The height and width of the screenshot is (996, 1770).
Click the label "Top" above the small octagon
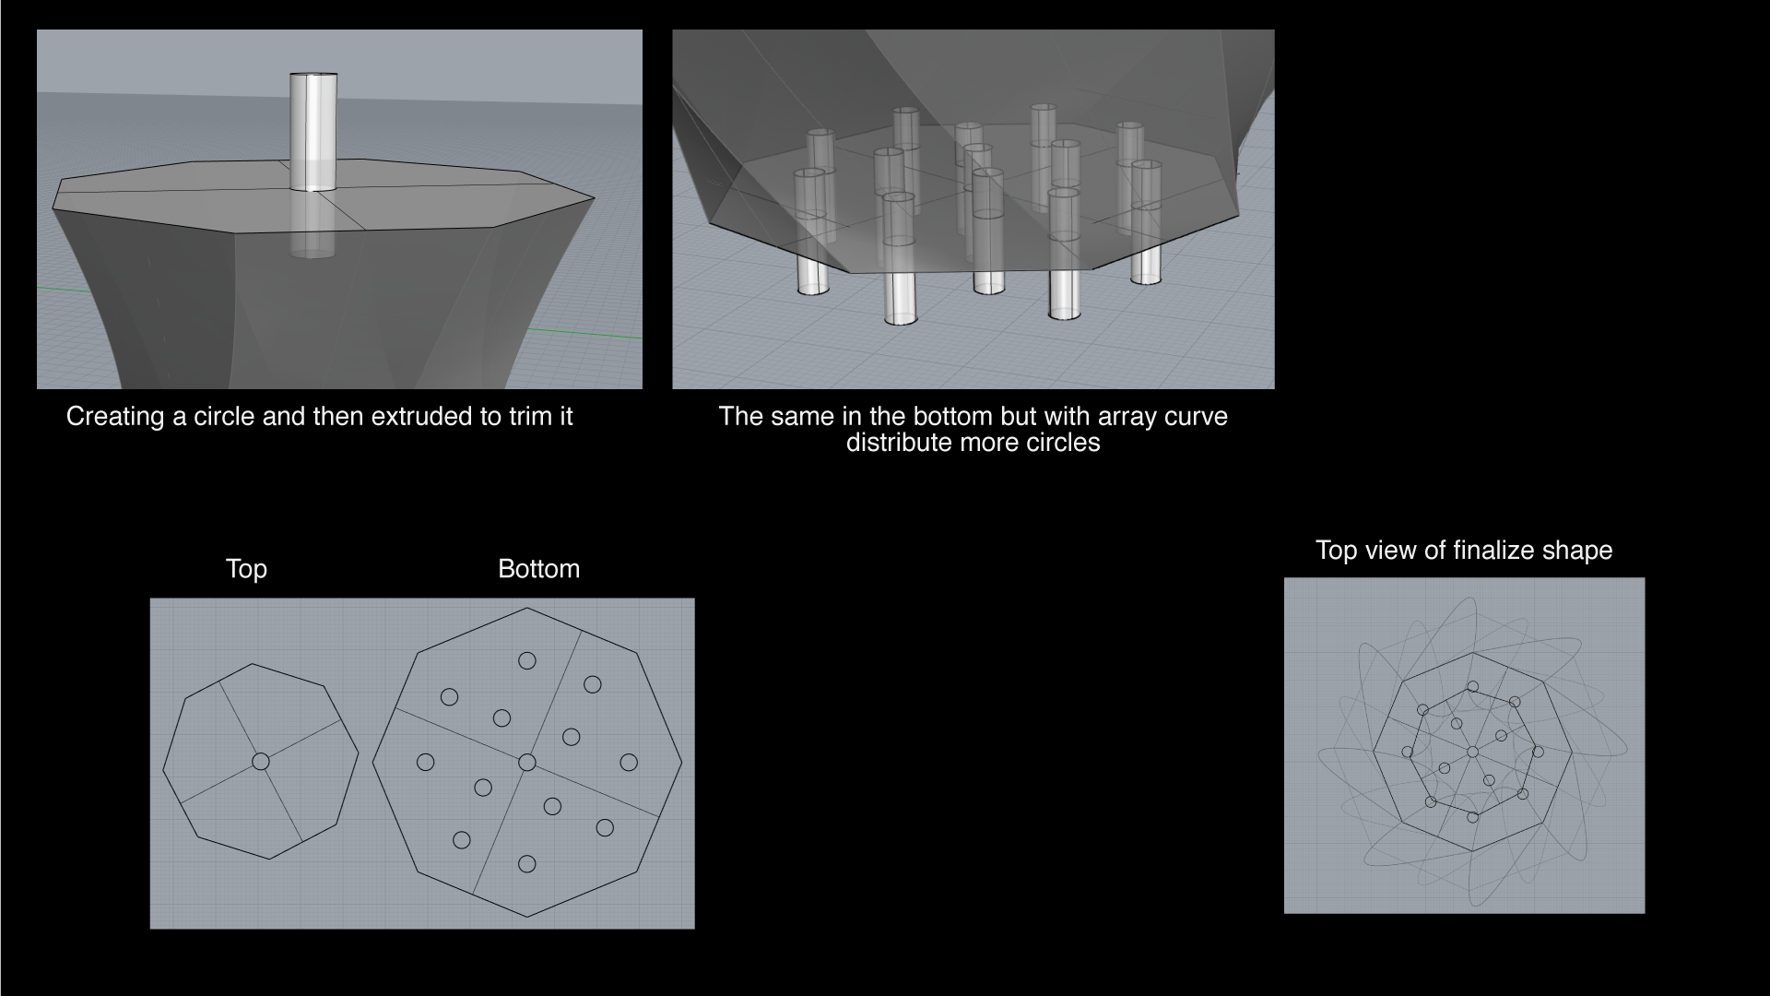pos(246,569)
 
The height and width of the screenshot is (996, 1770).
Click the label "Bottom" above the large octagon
pos(538,569)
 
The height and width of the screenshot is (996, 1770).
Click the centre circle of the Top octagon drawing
pos(261,761)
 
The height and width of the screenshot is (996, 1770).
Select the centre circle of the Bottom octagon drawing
pos(527,762)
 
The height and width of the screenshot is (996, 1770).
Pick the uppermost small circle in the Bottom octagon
pos(527,660)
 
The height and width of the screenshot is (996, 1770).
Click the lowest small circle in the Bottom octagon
pos(527,864)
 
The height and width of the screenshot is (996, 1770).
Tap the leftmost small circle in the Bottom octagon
pos(425,762)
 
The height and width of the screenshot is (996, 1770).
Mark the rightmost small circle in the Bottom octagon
pos(629,762)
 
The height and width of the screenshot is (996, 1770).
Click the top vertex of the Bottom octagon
pos(527,608)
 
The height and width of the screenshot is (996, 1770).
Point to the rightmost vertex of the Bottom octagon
pos(682,763)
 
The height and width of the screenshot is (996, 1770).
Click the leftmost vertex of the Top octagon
pos(163,770)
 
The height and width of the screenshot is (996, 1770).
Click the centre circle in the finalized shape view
pos(1472,753)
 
